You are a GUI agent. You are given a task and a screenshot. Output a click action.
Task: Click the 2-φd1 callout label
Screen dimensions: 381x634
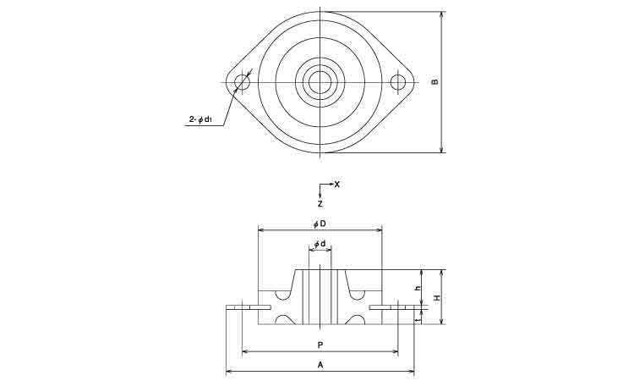pyautogui.click(x=202, y=120)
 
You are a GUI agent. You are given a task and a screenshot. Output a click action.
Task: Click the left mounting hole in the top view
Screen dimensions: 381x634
pyautogui.click(x=243, y=82)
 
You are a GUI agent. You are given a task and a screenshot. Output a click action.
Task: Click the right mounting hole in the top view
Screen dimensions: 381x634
pyautogui.click(x=399, y=82)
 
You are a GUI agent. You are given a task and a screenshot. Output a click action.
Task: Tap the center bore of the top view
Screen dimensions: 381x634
pyautogui.click(x=320, y=82)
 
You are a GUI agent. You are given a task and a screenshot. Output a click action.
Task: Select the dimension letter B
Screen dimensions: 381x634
pyautogui.click(x=434, y=82)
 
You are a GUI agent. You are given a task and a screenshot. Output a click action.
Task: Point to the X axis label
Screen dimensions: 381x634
pyautogui.click(x=337, y=184)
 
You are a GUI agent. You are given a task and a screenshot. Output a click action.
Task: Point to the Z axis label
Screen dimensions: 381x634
pyautogui.click(x=320, y=204)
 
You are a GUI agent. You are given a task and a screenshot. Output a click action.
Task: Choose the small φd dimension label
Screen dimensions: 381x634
pyautogui.click(x=320, y=244)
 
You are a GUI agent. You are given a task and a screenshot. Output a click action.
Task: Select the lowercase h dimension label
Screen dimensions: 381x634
pyautogui.click(x=418, y=288)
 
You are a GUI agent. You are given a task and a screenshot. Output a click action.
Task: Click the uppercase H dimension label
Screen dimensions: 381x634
pyautogui.click(x=436, y=298)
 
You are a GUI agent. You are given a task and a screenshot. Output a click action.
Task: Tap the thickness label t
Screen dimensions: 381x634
pyautogui.click(x=418, y=317)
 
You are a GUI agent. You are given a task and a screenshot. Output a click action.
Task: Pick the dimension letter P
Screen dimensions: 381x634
pyautogui.click(x=320, y=345)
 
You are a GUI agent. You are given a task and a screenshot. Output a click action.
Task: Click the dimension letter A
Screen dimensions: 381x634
pyautogui.click(x=320, y=365)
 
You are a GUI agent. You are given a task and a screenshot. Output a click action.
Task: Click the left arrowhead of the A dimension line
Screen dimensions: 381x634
pyautogui.click(x=228, y=371)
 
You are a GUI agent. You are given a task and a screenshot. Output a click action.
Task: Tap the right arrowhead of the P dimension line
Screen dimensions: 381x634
pyautogui.click(x=396, y=351)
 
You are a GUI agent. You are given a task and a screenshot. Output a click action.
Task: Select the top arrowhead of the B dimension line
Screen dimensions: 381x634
pyautogui.click(x=442, y=14)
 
